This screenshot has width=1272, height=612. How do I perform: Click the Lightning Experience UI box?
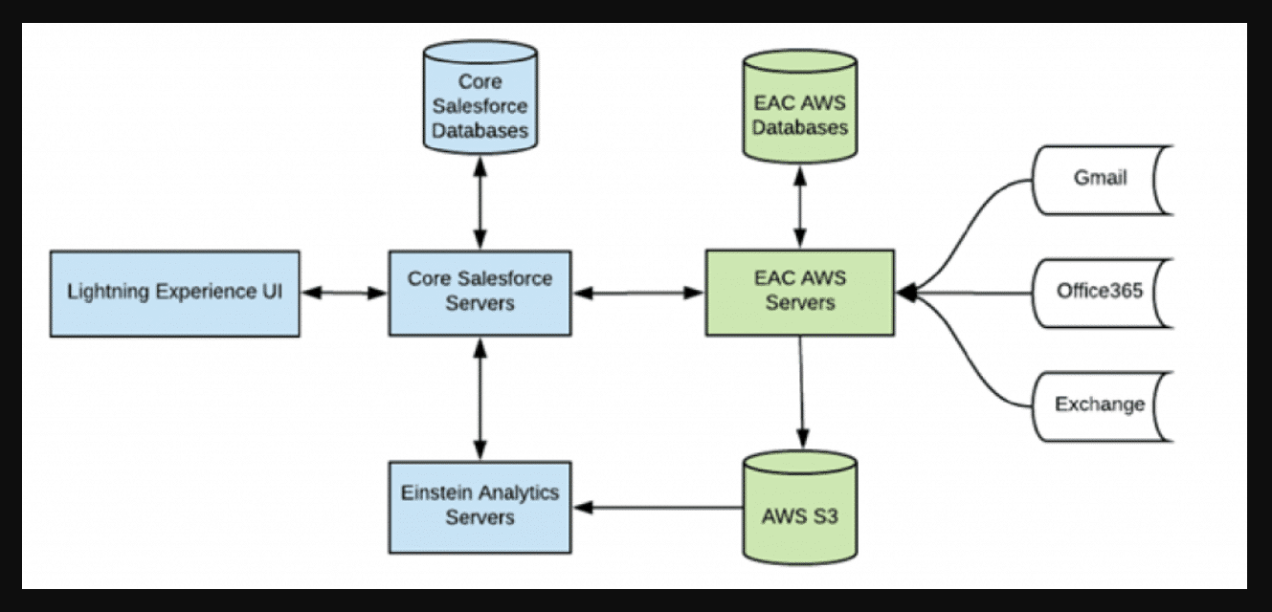174,294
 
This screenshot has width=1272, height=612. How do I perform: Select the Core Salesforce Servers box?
480,293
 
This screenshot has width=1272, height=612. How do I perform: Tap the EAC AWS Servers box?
800,293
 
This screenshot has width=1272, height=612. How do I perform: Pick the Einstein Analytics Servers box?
480,506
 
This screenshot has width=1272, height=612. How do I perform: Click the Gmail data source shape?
1101,180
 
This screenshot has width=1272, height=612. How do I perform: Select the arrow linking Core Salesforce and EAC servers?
638,293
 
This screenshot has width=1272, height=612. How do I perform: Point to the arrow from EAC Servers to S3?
801,392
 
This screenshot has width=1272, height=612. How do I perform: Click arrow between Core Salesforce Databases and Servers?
480,201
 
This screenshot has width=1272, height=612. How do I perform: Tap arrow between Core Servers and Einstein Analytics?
480,398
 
